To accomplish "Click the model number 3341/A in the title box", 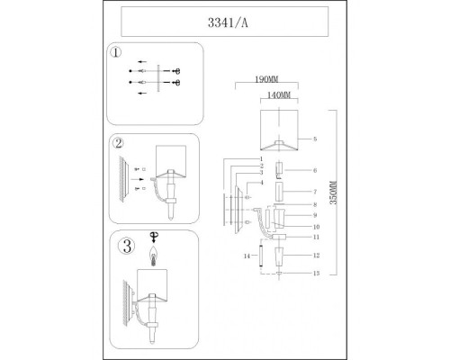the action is click(228, 22).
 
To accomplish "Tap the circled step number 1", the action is click(116, 52).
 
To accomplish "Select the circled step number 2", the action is click(119, 143).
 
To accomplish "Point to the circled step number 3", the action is click(127, 246).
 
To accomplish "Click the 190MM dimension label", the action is click(266, 79).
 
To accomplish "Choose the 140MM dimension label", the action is click(279, 95).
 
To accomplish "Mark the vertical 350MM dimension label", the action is click(334, 193).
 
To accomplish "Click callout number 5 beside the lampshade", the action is click(315, 139).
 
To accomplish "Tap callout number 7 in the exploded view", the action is click(315, 192).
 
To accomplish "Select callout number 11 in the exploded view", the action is click(316, 237).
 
